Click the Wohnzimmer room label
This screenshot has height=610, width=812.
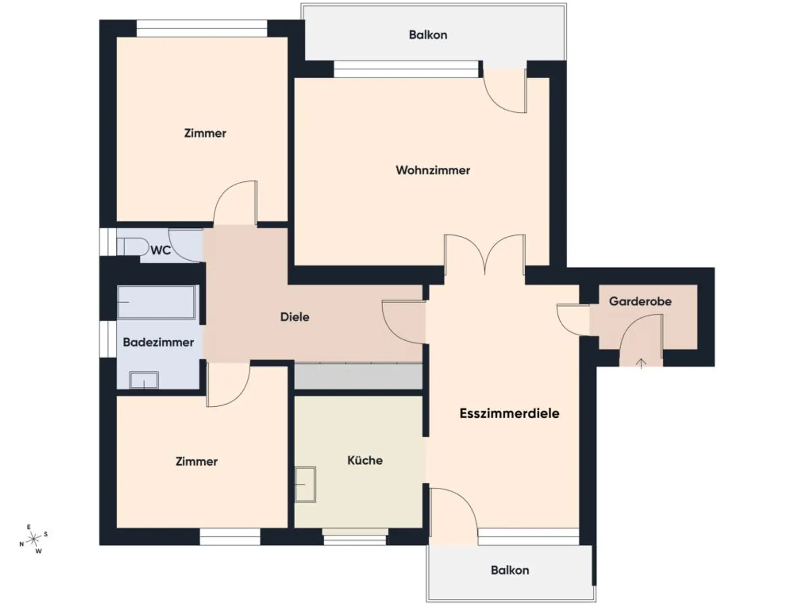pyautogui.click(x=433, y=170)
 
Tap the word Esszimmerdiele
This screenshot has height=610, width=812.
pyautogui.click(x=509, y=413)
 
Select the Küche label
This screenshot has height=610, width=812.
pyautogui.click(x=365, y=460)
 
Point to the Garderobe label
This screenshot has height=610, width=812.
pyautogui.click(x=640, y=301)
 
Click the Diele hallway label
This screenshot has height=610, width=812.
pyautogui.click(x=295, y=317)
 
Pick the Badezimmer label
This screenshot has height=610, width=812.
pyautogui.click(x=158, y=342)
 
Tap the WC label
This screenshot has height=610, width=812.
pyautogui.click(x=161, y=250)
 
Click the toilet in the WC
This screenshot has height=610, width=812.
pyautogui.click(x=132, y=247)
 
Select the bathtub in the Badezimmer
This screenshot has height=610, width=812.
pyautogui.click(x=156, y=302)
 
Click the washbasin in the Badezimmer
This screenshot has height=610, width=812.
pyautogui.click(x=144, y=380)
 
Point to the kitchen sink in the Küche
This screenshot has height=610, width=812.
pyautogui.click(x=305, y=484)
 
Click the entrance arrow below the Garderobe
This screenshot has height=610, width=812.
pyautogui.click(x=641, y=363)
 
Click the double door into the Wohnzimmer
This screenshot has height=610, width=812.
pyautogui.click(x=485, y=254)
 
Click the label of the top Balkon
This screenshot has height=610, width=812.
pyautogui.click(x=428, y=35)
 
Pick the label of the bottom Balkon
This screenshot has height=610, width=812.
pyautogui.click(x=510, y=570)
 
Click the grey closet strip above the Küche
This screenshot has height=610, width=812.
pyautogui.click(x=358, y=376)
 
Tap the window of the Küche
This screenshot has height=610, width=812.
pyautogui.click(x=355, y=537)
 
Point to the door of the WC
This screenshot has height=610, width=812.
pyautogui.click(x=185, y=246)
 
